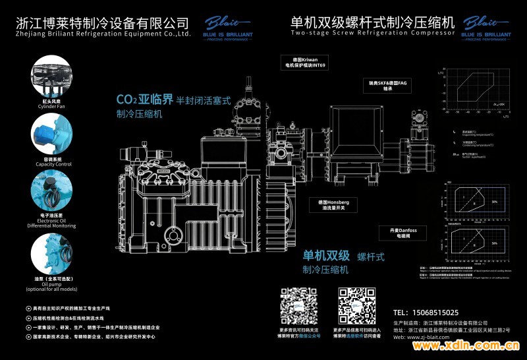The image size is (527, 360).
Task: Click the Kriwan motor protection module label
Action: (x=304, y=63)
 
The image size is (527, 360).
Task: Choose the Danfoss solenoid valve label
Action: (x=403, y=232)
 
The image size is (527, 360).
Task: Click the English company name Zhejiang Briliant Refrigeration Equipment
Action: (x=103, y=33)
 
